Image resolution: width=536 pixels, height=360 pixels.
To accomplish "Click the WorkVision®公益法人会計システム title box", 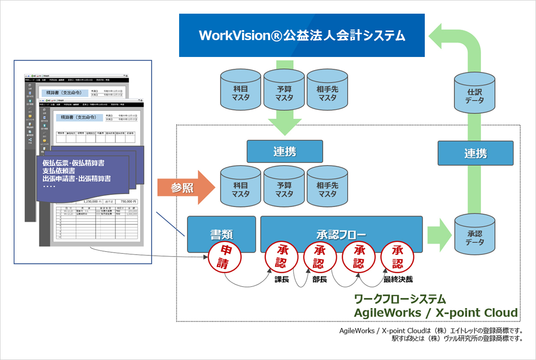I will click(x=302, y=36).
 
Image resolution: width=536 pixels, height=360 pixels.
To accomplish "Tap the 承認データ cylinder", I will click(x=475, y=237).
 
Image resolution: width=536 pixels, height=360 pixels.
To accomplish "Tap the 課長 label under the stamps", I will click(x=282, y=279).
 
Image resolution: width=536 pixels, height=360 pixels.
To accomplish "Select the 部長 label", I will click(x=320, y=279).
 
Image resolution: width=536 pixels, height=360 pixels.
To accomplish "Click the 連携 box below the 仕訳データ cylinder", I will click(x=475, y=153).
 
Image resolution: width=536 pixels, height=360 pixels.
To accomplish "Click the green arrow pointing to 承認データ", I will click(x=439, y=234).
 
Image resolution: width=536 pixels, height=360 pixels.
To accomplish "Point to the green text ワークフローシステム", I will click(x=400, y=299).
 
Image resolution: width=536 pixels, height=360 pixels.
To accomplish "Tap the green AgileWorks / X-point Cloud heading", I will click(x=436, y=313).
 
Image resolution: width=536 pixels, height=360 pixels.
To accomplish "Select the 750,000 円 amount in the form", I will click(x=126, y=201).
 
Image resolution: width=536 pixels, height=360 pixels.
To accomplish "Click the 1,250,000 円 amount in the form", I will click(x=95, y=201).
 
